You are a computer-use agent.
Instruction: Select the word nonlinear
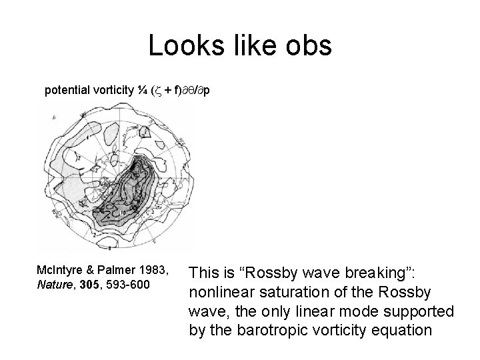click(221, 292)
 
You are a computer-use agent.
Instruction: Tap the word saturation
click(295, 292)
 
